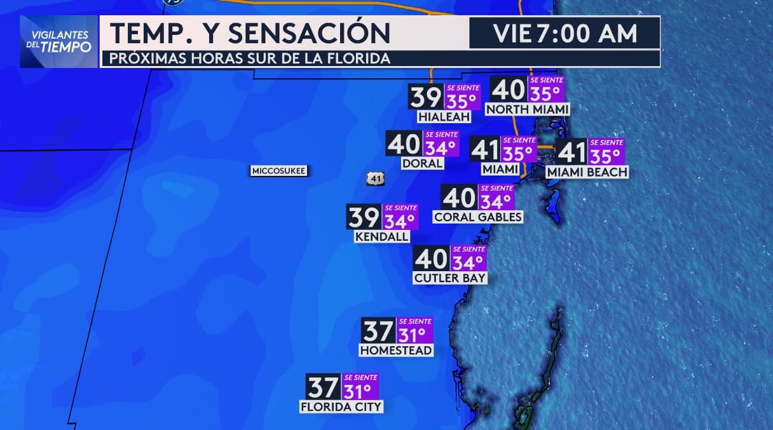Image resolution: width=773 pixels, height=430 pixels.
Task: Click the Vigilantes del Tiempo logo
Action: pyautogui.click(x=59, y=41)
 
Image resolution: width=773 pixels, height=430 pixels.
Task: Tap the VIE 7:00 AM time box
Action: pyautogui.click(x=564, y=33)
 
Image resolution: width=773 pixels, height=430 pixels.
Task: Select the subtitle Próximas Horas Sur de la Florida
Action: pyautogui.click(x=249, y=59)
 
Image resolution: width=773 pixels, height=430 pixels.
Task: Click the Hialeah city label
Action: pyautogui.click(x=444, y=117)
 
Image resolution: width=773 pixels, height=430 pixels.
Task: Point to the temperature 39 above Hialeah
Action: pyautogui.click(x=426, y=98)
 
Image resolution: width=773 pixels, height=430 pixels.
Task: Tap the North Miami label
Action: pyautogui.click(x=527, y=109)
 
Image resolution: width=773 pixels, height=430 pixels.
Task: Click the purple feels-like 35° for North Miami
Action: pyautogui.click(x=545, y=93)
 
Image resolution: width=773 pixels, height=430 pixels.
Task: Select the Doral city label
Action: pyautogui.click(x=422, y=163)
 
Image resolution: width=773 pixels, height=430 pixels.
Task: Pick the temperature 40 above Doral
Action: pyautogui.click(x=404, y=144)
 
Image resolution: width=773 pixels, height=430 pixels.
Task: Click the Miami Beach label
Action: pyautogui.click(x=587, y=172)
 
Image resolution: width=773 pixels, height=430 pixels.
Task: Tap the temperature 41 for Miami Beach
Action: pyautogui.click(x=571, y=152)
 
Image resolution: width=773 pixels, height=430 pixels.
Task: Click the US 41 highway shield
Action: pyautogui.click(x=375, y=178)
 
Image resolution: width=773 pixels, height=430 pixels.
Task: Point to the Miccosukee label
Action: pyautogui.click(x=279, y=171)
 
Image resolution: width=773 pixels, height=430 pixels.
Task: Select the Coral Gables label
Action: pyautogui.click(x=477, y=217)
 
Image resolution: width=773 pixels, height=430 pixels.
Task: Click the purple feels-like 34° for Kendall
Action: pyautogui.click(x=400, y=220)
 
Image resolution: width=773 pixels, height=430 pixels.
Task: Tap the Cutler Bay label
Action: pyautogui.click(x=449, y=278)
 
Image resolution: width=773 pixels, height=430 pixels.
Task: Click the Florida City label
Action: pyautogui.click(x=342, y=406)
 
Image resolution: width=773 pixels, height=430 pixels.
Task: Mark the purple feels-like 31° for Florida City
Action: pyautogui.click(x=360, y=389)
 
